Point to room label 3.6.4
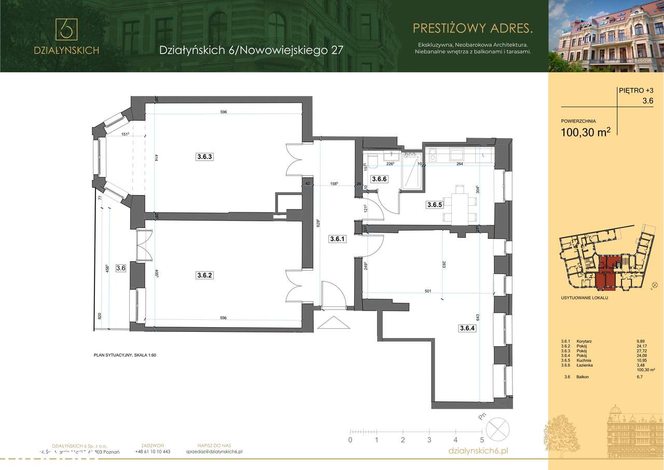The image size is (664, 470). pos(467,328)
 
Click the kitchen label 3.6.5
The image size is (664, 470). pos(434,205)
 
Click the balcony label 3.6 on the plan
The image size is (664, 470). pos(121,268)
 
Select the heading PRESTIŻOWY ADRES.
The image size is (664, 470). pos(472,26)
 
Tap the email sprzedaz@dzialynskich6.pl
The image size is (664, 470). pos(214,452)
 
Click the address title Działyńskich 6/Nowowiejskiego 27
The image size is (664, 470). pos(251,50)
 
